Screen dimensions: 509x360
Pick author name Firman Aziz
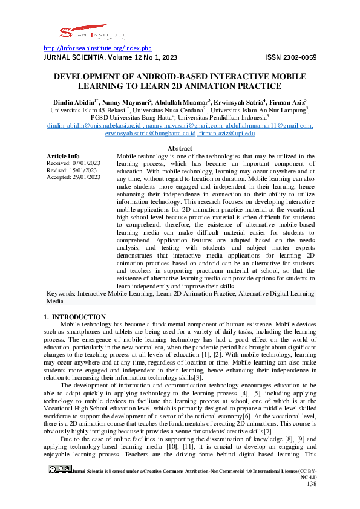[x=287, y=103]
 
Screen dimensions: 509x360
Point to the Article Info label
[x=63, y=156]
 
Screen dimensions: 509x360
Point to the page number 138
[x=312, y=501]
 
